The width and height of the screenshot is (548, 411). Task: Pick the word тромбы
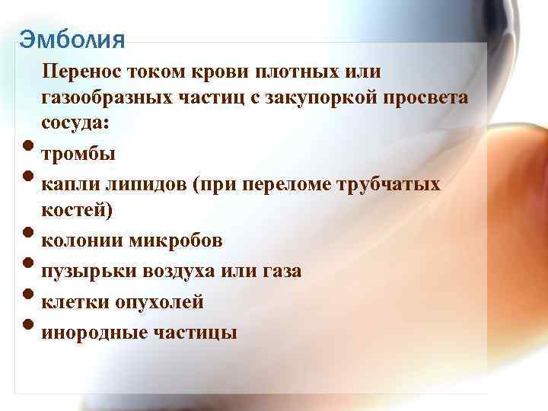(78, 155)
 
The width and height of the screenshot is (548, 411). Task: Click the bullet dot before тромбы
(28, 150)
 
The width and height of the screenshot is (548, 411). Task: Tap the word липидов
(142, 184)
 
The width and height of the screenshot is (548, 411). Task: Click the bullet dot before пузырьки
(28, 266)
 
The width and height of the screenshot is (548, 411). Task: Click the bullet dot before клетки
(28, 297)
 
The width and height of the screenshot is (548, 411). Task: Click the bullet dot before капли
(28, 180)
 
